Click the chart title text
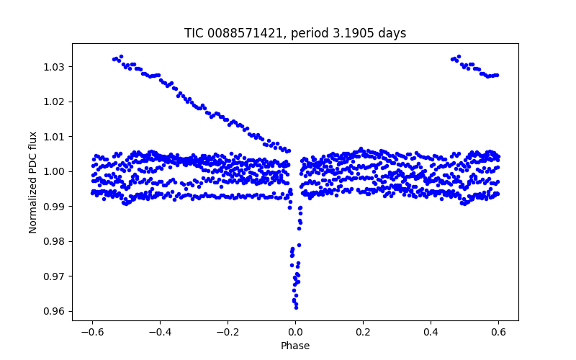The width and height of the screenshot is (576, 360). (295, 34)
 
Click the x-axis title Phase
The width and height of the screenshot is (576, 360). (295, 346)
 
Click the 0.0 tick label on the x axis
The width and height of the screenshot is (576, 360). (295, 333)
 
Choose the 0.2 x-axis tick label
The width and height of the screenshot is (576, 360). (363, 333)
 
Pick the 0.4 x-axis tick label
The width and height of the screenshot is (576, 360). (431, 333)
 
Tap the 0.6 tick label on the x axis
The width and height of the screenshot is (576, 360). (498, 333)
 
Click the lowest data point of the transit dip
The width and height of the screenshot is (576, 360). (296, 307)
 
